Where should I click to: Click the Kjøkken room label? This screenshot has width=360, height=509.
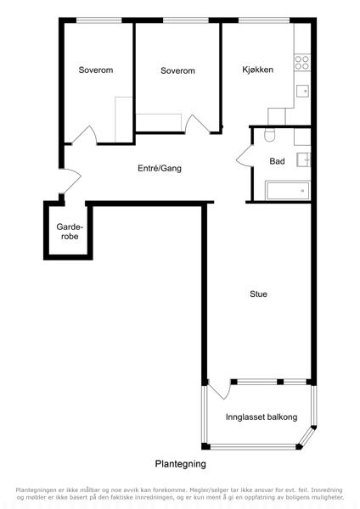[257, 70]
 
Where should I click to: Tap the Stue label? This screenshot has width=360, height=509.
[258, 294]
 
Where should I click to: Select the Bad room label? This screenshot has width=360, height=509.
[277, 161]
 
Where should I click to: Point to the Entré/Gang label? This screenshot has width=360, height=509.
[160, 168]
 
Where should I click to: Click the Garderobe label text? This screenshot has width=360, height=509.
[70, 232]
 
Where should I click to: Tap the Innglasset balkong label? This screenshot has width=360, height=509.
[262, 417]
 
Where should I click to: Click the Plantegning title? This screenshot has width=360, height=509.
[180, 464]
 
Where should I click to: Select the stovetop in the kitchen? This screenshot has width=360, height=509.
[302, 63]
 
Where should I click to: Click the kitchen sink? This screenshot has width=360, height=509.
[302, 92]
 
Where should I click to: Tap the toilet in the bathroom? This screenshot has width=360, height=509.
[270, 135]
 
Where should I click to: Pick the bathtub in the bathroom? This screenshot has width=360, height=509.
[287, 191]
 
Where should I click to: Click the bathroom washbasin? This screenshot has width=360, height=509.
[303, 159]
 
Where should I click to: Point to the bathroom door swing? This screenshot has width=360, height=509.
[245, 156]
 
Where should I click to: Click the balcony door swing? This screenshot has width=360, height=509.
[218, 389]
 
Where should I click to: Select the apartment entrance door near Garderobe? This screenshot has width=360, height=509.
[70, 182]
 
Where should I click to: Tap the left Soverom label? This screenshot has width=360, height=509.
[96, 70]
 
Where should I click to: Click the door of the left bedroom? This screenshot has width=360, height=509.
[84, 135]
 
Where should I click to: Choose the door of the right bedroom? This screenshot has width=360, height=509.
[197, 125]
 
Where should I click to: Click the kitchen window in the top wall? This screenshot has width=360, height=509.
[264, 20]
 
